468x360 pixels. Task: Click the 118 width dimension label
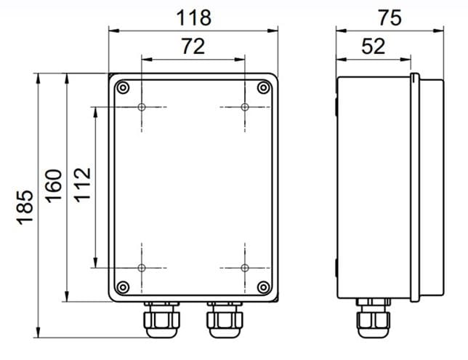[194, 17]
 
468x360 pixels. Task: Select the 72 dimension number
[193, 46]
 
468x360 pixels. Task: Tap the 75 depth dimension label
[390, 17]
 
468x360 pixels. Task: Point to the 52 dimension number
[373, 46]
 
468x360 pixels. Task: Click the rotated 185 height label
[25, 207]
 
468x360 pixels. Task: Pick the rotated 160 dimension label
[54, 186]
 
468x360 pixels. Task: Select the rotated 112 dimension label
[82, 185]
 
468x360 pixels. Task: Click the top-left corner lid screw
[123, 88]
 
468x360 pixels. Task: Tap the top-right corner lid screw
[263, 88]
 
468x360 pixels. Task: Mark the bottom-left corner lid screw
[123, 287]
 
